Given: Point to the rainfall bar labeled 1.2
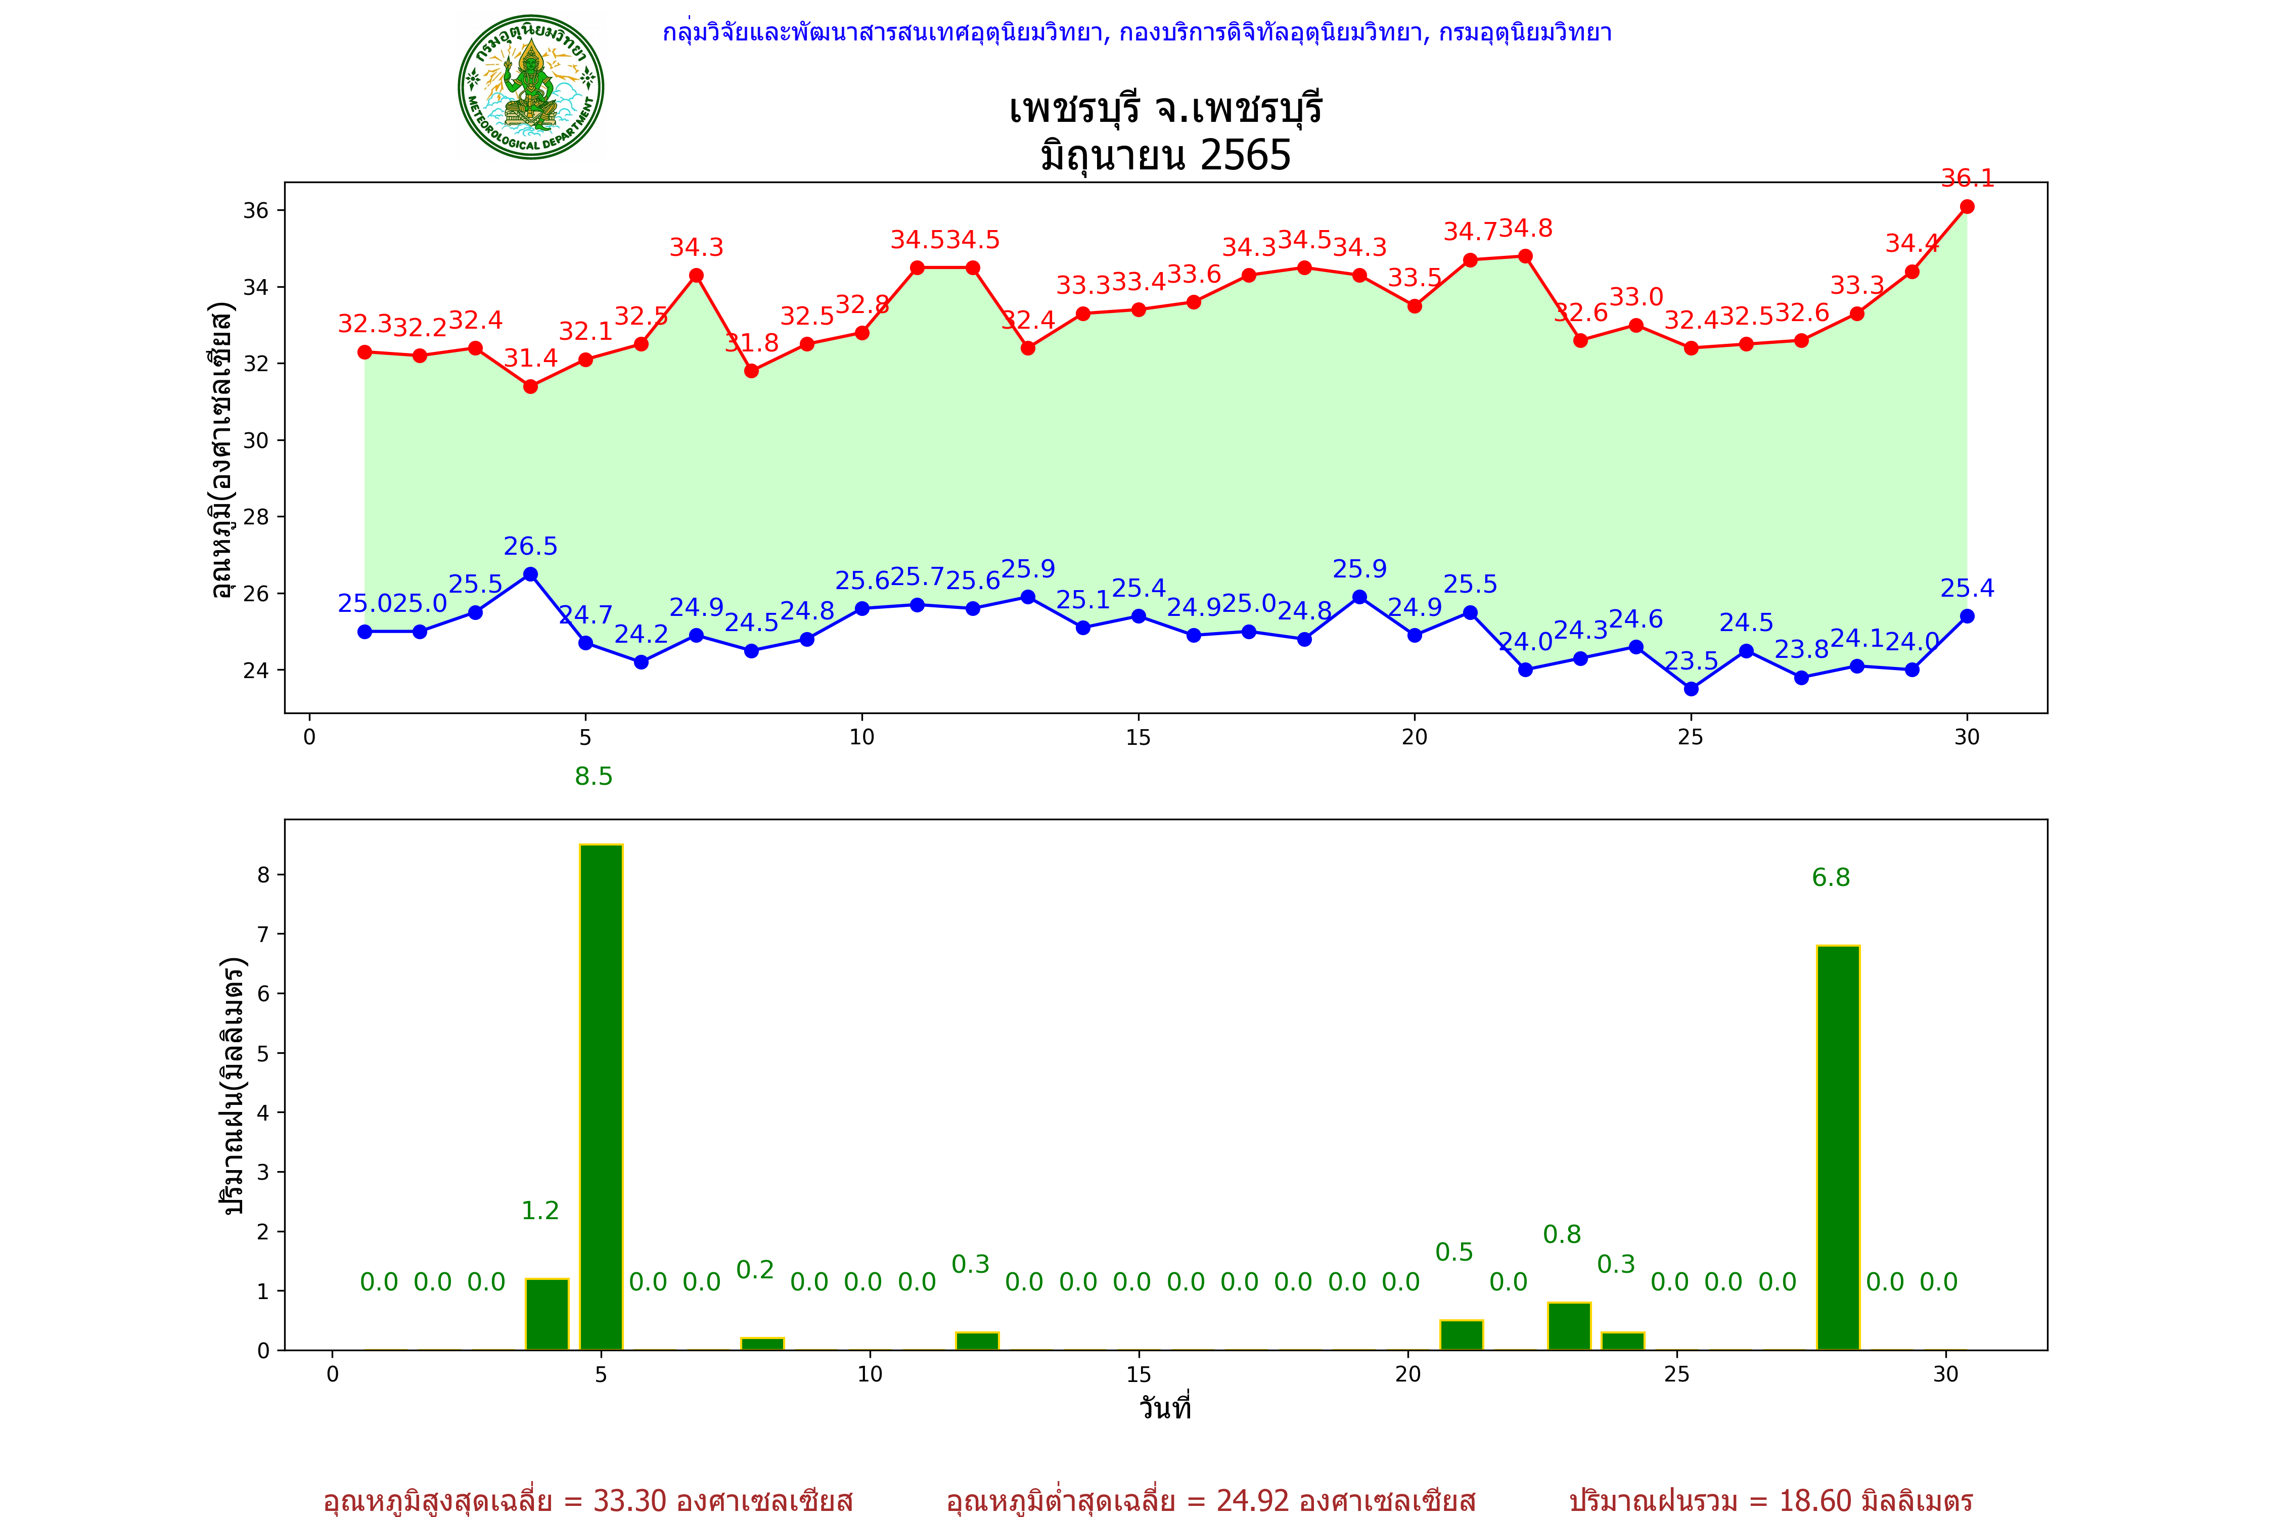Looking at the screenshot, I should (548, 1314).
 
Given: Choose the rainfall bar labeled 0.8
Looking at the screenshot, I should (1569, 1326).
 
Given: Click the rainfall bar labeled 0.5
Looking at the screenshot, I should (1462, 1335).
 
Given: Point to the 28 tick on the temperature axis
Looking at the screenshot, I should (255, 517).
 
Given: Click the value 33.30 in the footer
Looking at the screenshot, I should (629, 1500).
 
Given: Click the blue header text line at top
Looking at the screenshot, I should (1136, 33).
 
